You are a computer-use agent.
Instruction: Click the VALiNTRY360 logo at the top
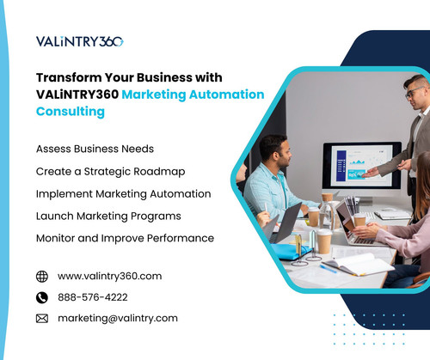80,40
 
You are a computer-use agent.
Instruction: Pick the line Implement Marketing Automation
123,193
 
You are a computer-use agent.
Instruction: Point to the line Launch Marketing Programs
108,216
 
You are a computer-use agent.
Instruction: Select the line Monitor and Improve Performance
125,238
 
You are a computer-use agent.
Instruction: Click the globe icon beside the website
42,277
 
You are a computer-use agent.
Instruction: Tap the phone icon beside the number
42,297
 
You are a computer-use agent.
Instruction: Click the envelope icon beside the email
42,319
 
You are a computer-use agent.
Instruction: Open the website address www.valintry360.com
109,277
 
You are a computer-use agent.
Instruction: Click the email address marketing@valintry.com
118,319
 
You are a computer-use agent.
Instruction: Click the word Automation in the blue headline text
222,95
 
